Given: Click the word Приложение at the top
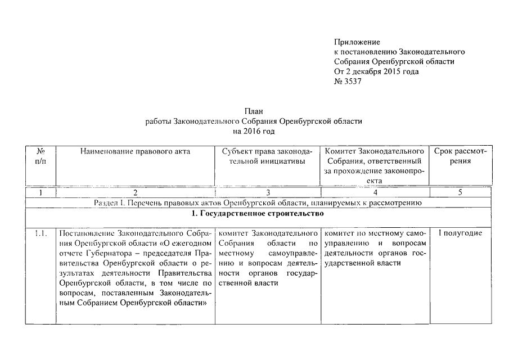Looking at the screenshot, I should click(357, 42).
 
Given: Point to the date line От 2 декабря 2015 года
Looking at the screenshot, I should click(376, 71).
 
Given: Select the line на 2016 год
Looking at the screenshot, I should click(254, 131).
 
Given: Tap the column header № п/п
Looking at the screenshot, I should click(40, 156).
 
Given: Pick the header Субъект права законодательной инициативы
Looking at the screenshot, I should click(266, 156).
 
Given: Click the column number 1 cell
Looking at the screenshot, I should click(40, 193).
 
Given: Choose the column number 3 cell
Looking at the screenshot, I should click(266, 193).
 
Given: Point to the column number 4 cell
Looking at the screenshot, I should click(374, 193).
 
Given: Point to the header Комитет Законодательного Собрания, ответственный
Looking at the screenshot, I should click(374, 161).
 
